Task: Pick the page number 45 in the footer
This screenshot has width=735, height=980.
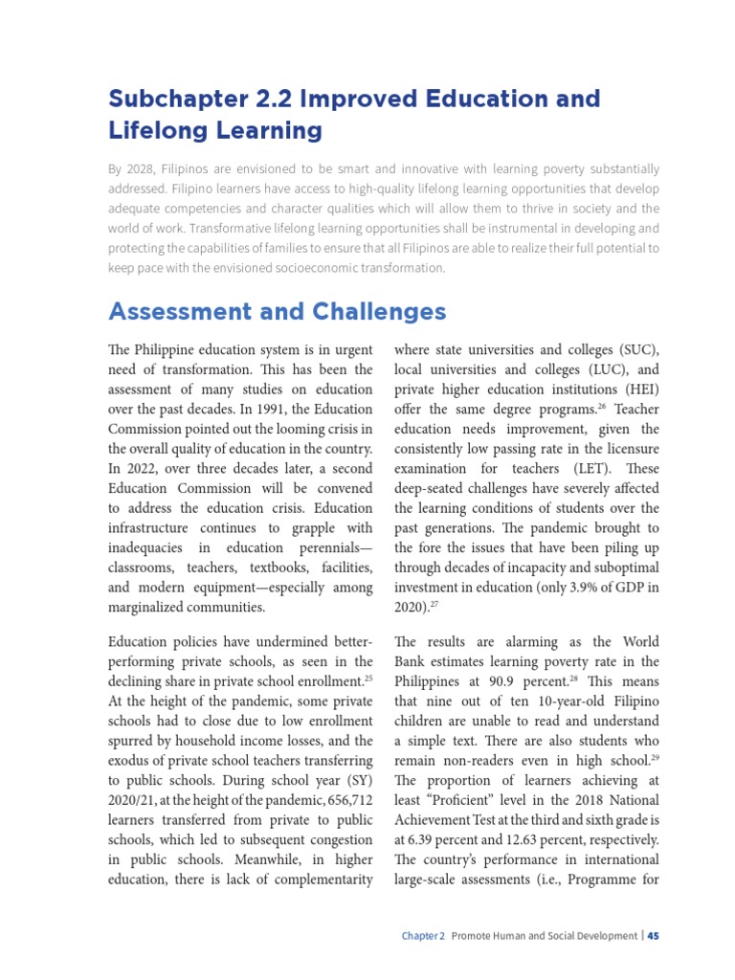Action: pos(653,936)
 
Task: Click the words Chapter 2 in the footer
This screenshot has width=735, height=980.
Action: pos(423,936)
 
